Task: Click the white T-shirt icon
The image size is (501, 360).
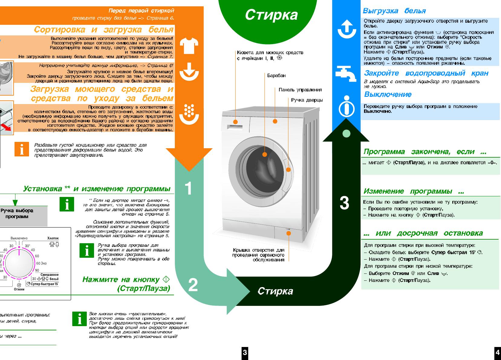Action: (x=189, y=46)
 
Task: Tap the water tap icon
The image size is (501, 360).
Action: (x=346, y=74)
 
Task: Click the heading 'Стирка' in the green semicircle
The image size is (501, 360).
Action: (x=271, y=15)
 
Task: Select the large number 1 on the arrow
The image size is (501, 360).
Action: (x=188, y=188)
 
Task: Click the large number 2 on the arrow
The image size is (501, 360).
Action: (x=193, y=285)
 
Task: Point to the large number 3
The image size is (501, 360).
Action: (x=344, y=203)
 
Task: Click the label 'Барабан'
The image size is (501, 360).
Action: (x=276, y=75)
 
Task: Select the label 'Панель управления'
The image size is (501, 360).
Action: (x=300, y=90)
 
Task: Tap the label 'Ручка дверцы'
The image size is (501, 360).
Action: (x=307, y=100)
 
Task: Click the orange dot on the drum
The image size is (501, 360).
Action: (x=265, y=154)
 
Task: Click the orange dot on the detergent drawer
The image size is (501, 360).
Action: (x=235, y=122)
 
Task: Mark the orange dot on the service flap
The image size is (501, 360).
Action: (x=288, y=233)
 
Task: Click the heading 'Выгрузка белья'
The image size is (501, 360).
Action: (x=394, y=11)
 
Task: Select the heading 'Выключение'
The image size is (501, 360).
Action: (x=388, y=94)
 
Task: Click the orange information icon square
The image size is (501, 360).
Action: (x=22, y=149)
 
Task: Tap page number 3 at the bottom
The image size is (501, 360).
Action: (x=245, y=352)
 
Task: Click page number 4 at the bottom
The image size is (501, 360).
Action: (x=497, y=352)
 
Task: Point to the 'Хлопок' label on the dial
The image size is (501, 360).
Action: (x=53, y=238)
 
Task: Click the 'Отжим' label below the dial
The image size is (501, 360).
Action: (x=19, y=289)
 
